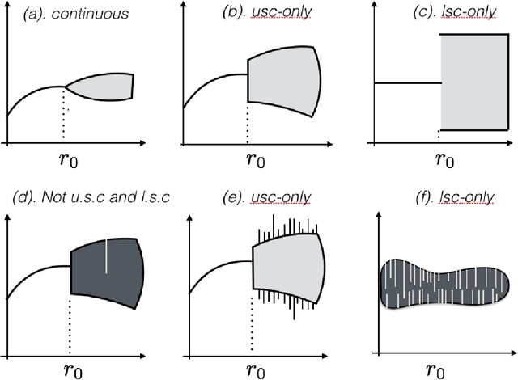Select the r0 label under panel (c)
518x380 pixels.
[x=444, y=158]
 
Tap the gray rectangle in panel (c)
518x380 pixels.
[x=474, y=81]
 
